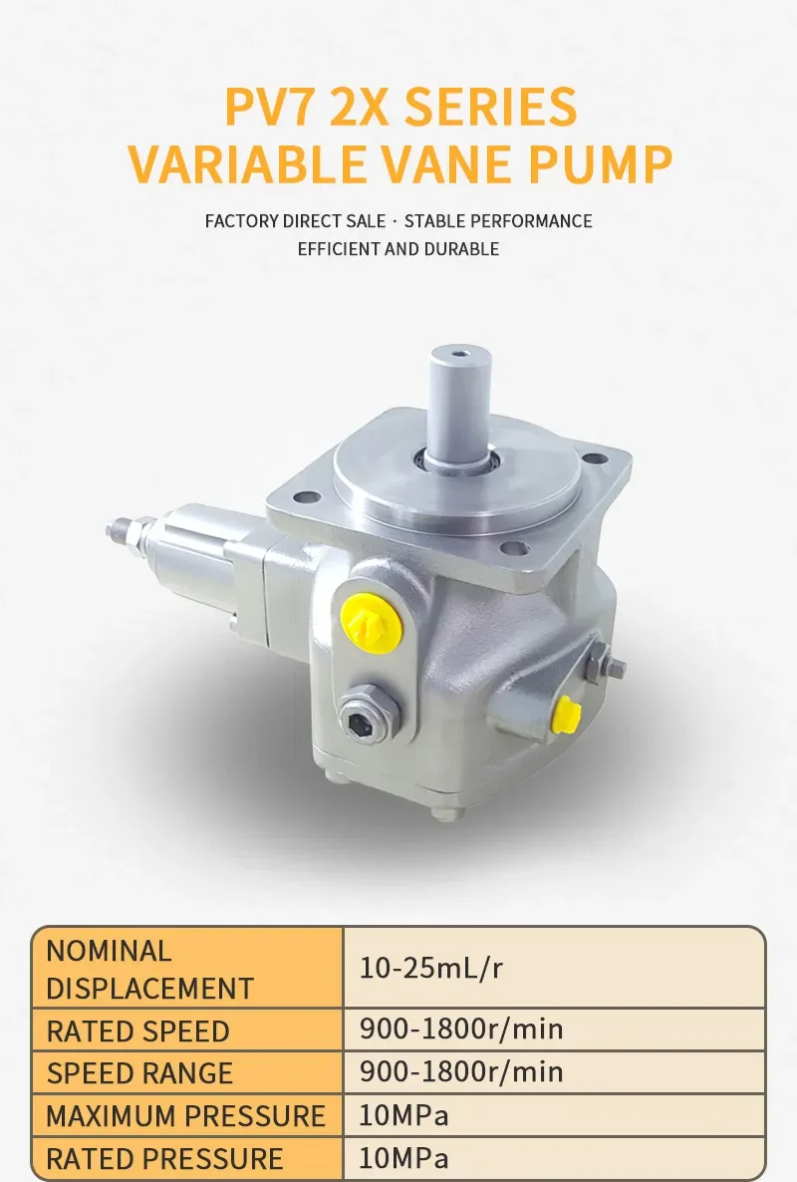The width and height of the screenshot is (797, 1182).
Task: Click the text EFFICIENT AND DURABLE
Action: pyautogui.click(x=398, y=249)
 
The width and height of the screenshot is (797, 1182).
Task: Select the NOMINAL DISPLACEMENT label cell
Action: pyautogui.click(x=149, y=969)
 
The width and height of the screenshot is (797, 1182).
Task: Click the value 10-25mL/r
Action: pyautogui.click(x=431, y=968)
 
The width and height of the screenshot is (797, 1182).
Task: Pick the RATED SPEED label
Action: pyautogui.click(x=137, y=1031)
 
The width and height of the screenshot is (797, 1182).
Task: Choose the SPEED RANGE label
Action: pyautogui.click(x=139, y=1073)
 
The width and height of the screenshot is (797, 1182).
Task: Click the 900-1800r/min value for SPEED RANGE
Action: pyautogui.click(x=461, y=1072)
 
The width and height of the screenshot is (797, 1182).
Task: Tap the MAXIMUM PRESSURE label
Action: pyautogui.click(x=185, y=1116)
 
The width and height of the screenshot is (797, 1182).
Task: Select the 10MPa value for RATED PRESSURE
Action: pyautogui.click(x=403, y=1159)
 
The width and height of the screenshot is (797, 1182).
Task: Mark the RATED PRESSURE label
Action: pyautogui.click(x=164, y=1159)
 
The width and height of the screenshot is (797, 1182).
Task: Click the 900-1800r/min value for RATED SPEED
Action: pyautogui.click(x=461, y=1029)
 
